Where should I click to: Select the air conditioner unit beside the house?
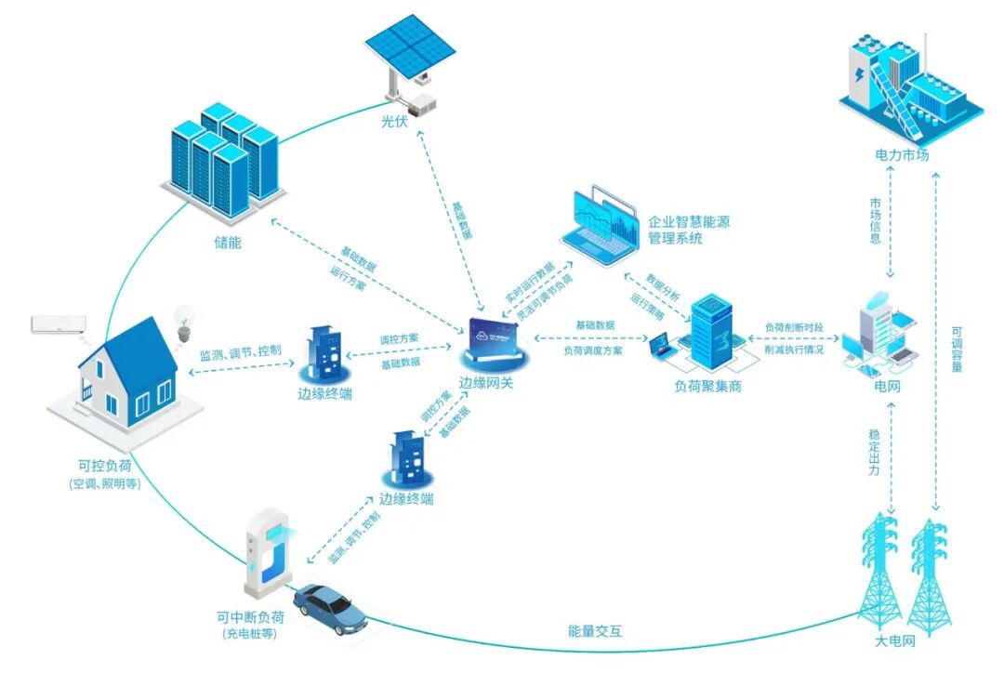pos(59,324)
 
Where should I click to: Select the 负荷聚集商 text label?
pos(707,386)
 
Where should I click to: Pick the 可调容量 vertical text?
pos(957,349)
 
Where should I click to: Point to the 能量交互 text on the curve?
pos(595,631)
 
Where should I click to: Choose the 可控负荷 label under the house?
pos(104,466)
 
